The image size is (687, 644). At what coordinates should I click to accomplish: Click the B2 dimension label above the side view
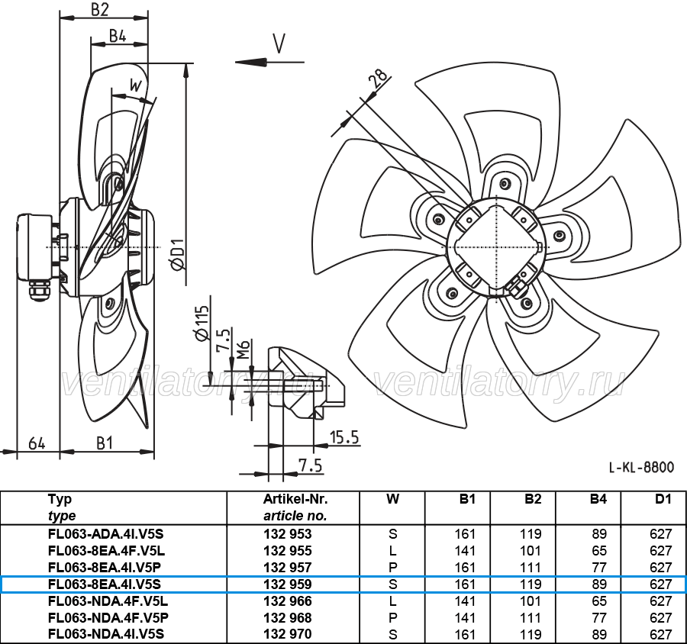tap(99, 9)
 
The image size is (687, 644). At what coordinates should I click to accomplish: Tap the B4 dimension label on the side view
tap(118, 36)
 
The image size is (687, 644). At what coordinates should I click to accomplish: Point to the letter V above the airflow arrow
tap(279, 43)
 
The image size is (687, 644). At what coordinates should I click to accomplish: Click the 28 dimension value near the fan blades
tap(379, 78)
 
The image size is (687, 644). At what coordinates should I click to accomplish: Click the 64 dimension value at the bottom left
tap(37, 443)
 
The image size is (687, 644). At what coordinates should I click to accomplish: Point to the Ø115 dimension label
tap(201, 324)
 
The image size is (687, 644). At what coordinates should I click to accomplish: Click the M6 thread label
tap(244, 349)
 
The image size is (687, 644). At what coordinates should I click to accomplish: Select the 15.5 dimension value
tap(344, 437)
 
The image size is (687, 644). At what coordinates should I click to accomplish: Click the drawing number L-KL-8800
tap(641, 468)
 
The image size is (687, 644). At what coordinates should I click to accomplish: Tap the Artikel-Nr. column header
tap(295, 499)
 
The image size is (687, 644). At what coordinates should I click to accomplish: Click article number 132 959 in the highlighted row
tap(288, 584)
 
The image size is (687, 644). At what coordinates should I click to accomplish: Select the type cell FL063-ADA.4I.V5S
tap(105, 534)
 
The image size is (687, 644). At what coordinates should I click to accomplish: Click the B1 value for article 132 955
tap(466, 551)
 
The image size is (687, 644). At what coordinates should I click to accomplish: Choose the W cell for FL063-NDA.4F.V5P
tap(392, 618)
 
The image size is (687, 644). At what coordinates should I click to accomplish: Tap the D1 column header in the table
tap(663, 499)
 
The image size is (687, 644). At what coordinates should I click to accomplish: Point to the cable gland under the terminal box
tap(37, 291)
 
